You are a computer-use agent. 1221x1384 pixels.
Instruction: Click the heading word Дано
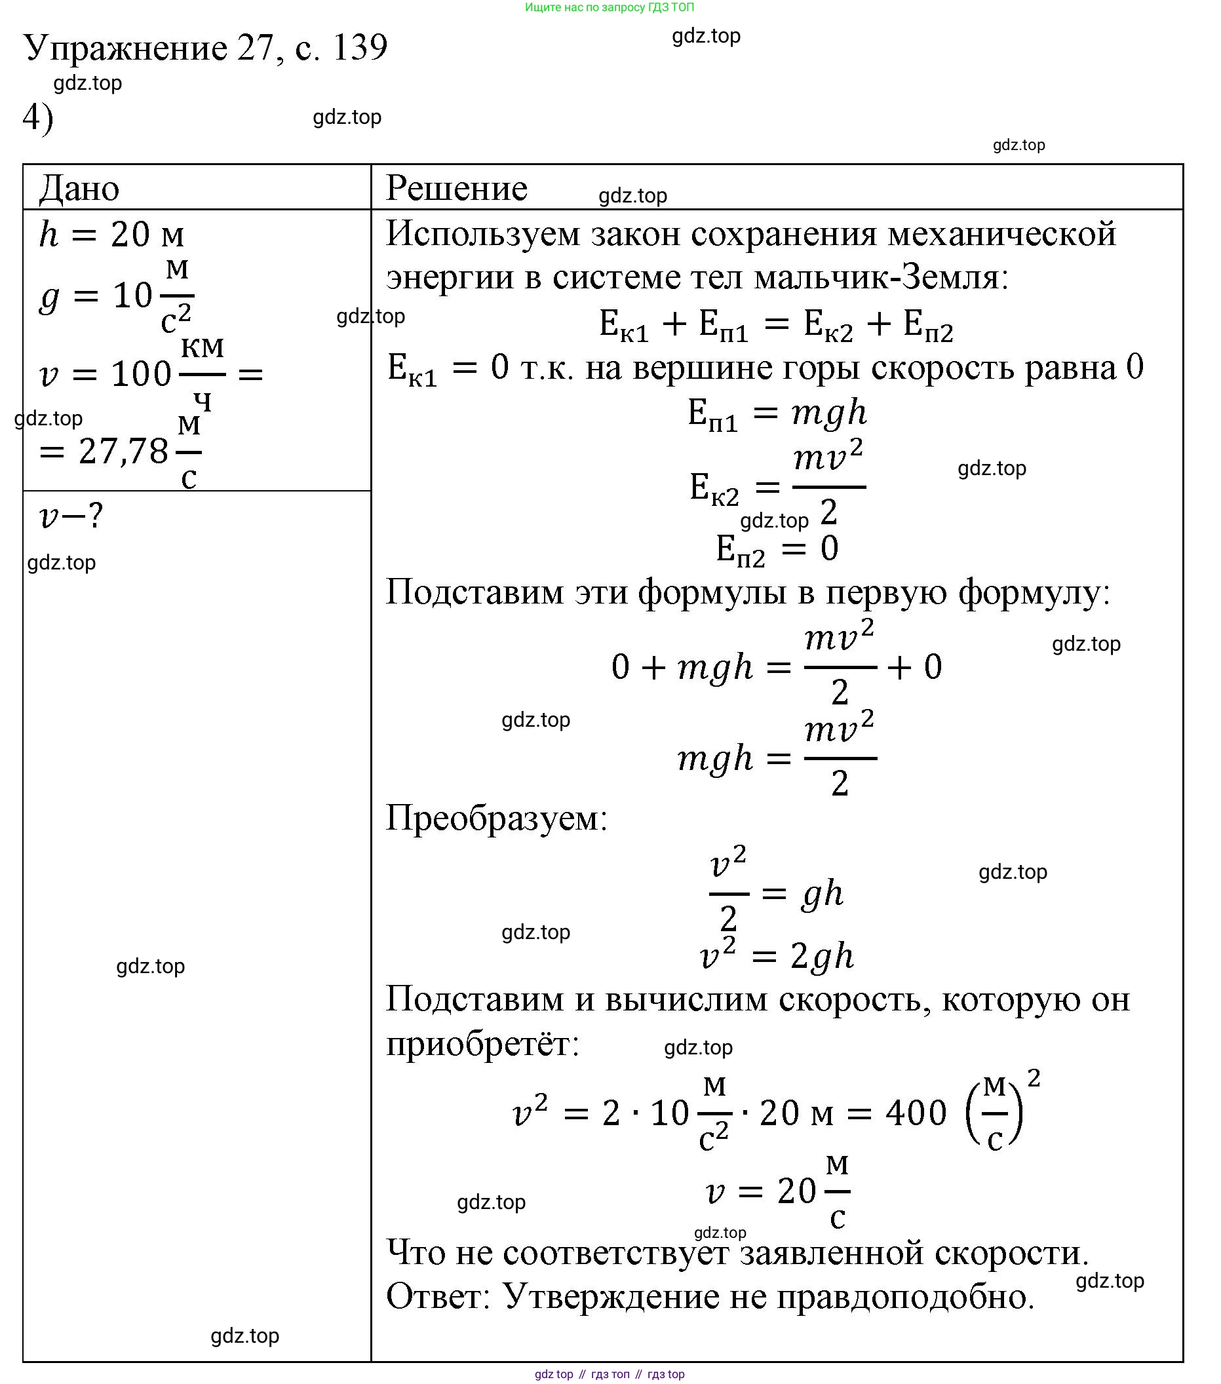[79, 187]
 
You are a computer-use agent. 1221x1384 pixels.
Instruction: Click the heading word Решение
[455, 187]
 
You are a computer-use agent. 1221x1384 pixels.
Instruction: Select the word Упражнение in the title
[126, 48]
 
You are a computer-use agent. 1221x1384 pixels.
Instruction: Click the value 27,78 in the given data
[123, 451]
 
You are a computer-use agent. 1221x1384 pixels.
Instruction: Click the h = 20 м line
[111, 235]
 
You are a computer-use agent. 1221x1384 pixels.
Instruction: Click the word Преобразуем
[496, 818]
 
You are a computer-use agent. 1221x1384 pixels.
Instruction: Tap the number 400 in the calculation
[916, 1113]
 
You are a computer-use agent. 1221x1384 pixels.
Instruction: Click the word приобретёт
[482, 1043]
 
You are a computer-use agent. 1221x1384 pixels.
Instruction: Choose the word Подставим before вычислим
[475, 1000]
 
